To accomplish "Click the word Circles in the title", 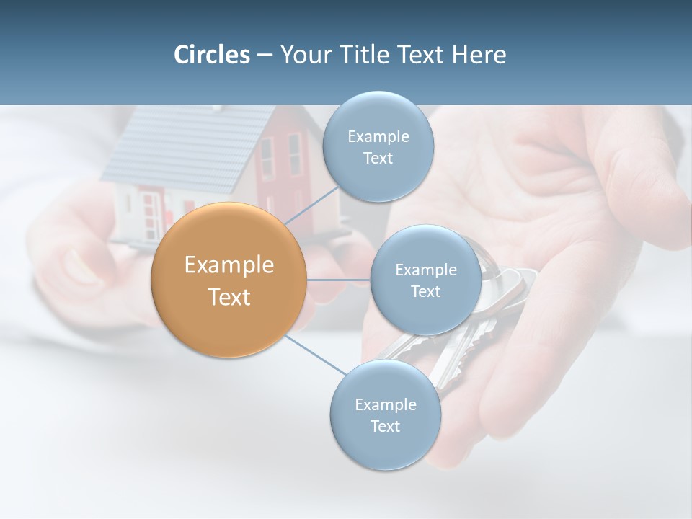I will (x=212, y=55).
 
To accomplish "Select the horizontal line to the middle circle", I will (x=339, y=280).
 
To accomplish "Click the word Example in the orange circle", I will (x=229, y=265).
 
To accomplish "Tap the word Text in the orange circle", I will (x=229, y=297).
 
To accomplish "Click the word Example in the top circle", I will (x=378, y=137).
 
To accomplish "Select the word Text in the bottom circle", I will (x=385, y=426).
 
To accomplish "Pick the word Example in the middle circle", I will (x=426, y=270).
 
